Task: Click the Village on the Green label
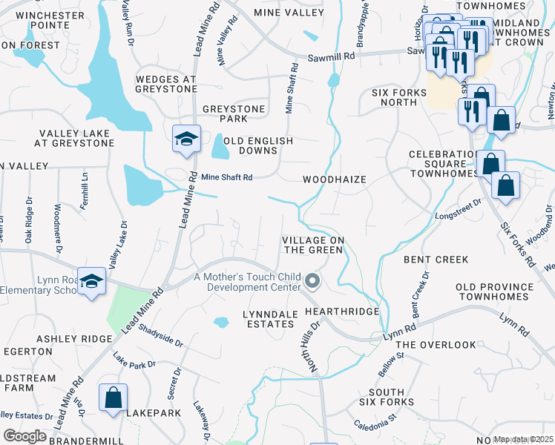pos(312,245)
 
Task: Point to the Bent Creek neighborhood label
pos(436,260)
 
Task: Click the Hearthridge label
pos(342,313)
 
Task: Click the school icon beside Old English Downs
pos(186,139)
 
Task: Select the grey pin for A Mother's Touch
pos(312,281)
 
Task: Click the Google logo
pos(25,436)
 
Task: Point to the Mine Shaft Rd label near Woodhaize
pos(227,177)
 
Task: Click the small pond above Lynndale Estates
pos(221,322)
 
